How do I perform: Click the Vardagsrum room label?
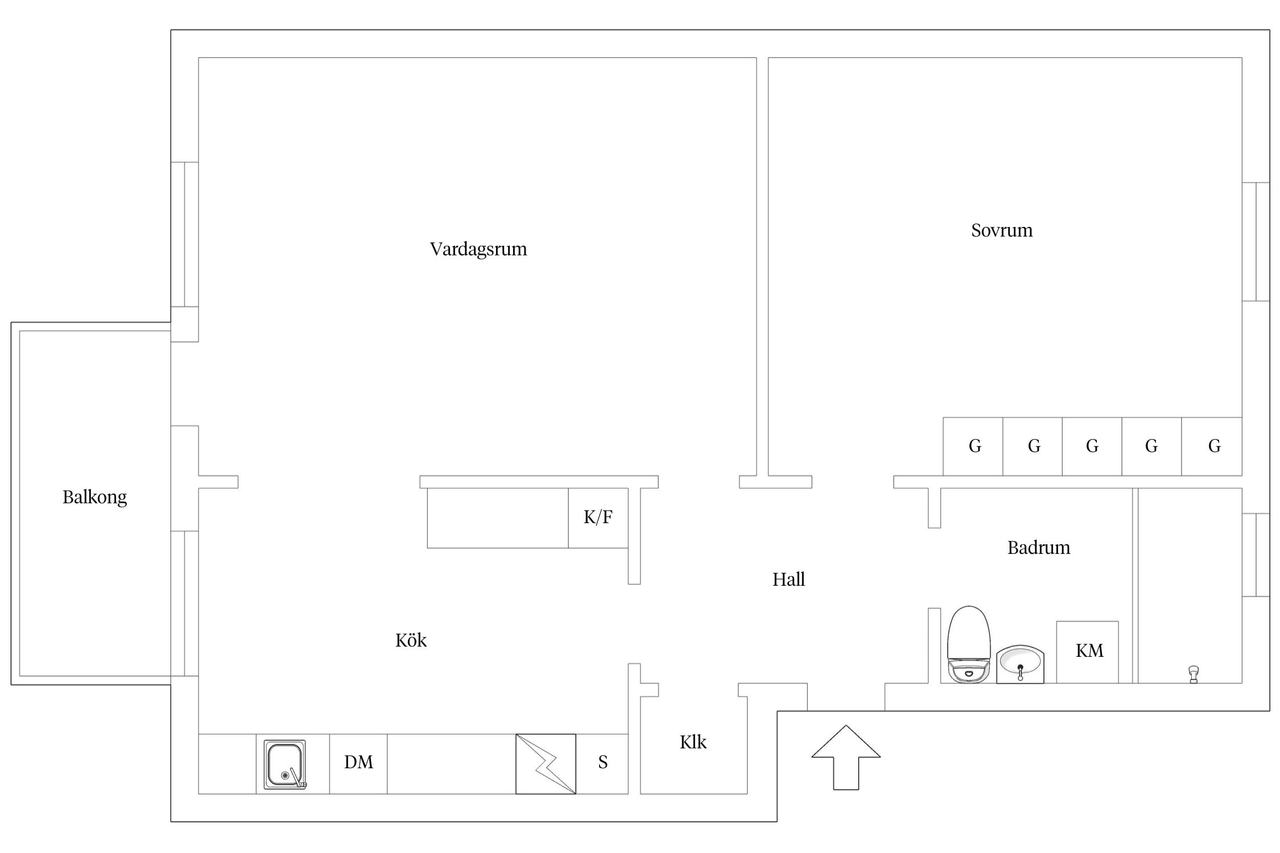478,250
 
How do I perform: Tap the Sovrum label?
1002,230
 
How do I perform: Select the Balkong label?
94,498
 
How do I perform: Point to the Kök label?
411,640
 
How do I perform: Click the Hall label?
788,579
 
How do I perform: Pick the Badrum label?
1039,548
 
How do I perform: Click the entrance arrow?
846,757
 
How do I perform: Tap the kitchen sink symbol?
285,764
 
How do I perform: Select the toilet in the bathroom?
969,644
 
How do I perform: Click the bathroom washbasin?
1020,664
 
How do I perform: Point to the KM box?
1088,652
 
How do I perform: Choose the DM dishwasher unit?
358,764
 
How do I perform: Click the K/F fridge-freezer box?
598,518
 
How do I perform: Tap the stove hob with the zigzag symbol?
546,764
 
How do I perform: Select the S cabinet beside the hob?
602,764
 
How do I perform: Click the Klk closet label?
693,742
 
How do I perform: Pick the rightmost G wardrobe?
1212,446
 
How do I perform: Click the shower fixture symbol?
1194,674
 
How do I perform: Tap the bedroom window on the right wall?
1256,242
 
